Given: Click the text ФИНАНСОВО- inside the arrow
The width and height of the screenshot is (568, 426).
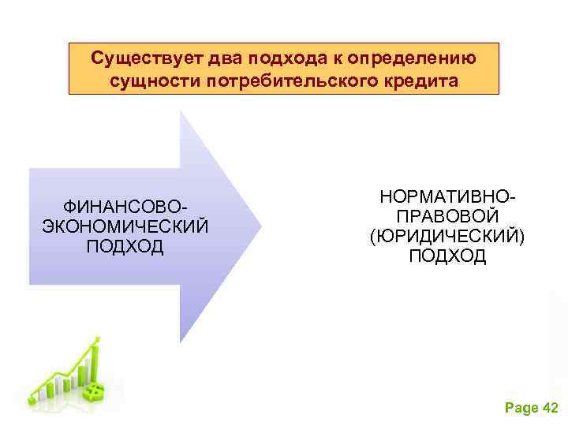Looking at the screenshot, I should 125,207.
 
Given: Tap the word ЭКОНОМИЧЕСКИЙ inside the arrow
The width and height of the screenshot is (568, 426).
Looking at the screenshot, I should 125,226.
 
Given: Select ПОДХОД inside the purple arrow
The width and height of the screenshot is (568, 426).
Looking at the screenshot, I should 125,246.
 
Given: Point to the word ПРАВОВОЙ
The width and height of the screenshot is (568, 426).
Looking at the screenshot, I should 447,215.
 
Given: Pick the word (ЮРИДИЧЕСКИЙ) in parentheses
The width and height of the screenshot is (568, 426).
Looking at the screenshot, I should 447,236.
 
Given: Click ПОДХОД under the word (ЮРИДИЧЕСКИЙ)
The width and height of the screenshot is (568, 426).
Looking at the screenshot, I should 447,256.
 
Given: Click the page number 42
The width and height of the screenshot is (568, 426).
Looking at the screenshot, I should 551,408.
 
